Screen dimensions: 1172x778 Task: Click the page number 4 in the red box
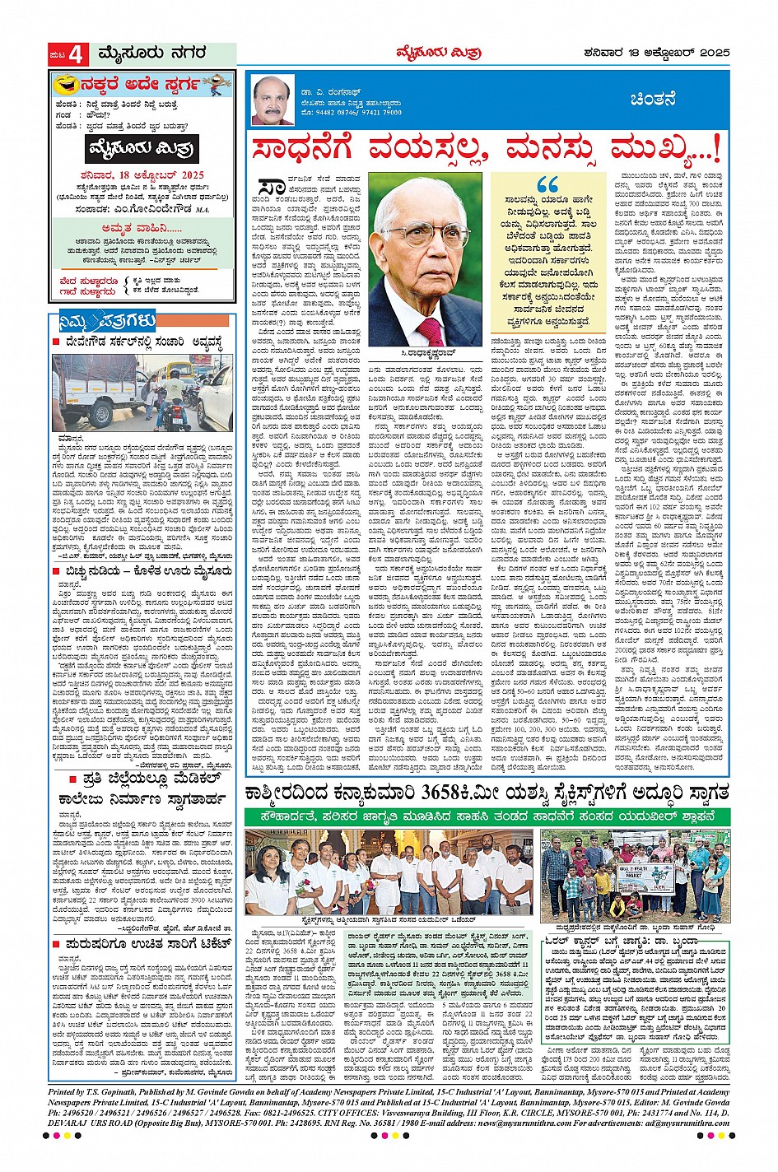(76, 55)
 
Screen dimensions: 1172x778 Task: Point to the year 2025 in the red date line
(189, 175)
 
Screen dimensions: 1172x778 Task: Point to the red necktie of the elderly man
(430, 331)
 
